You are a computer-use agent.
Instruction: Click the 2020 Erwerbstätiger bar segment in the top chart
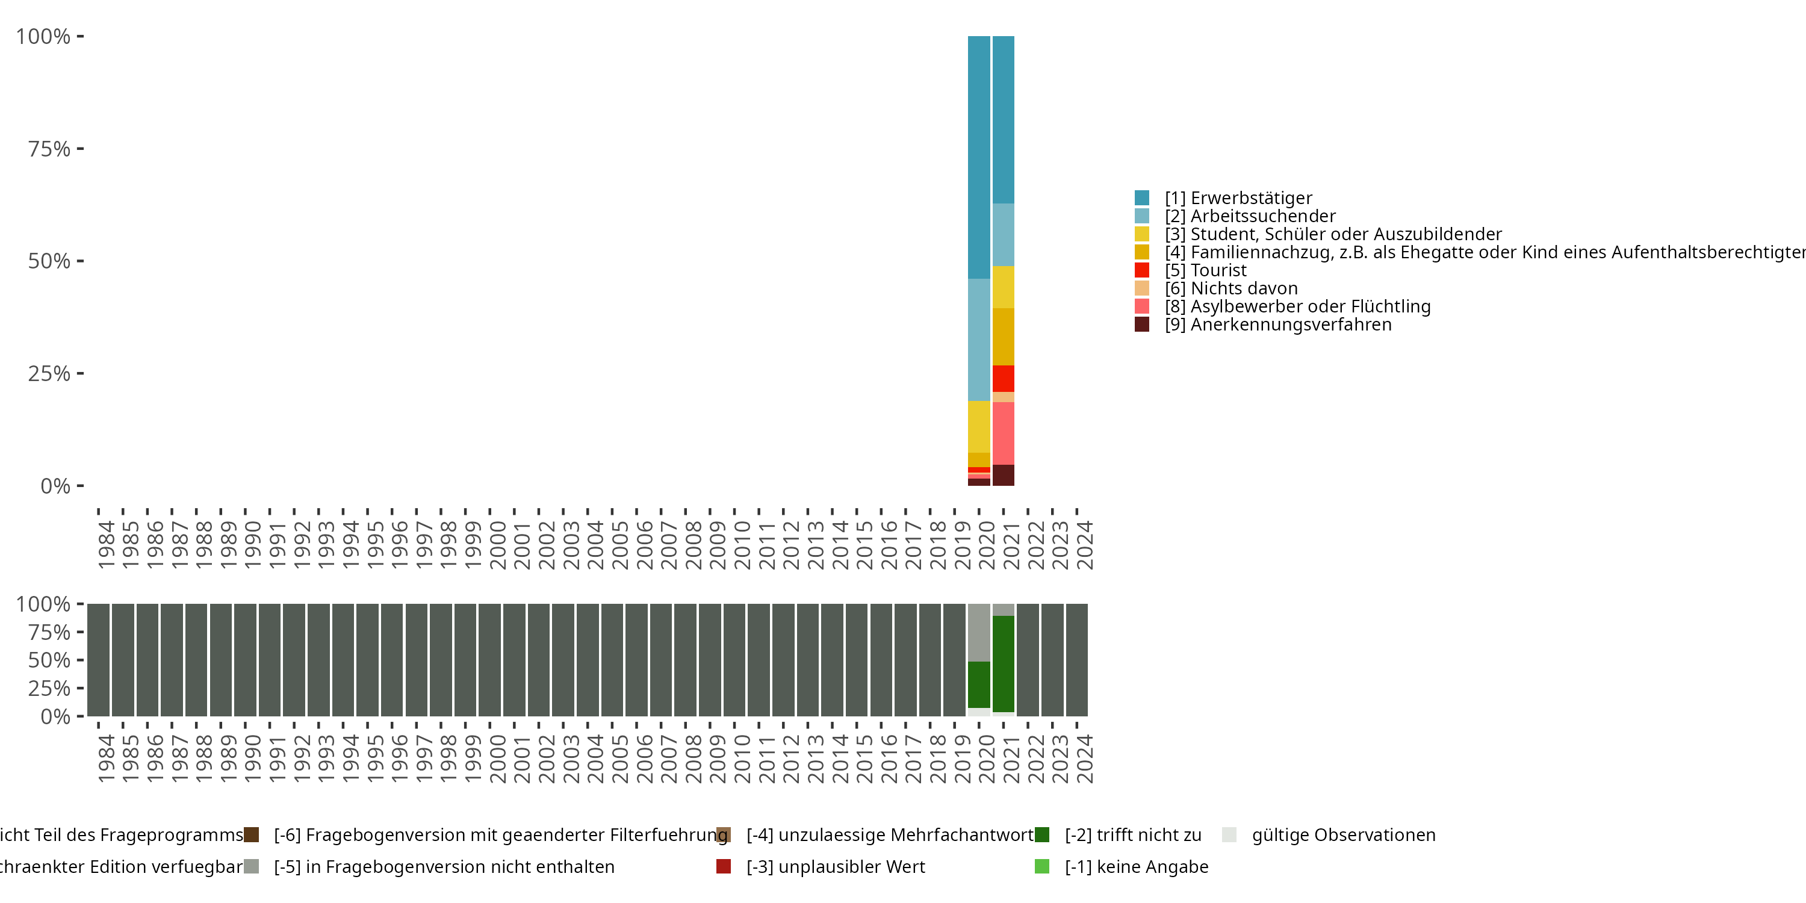[979, 157]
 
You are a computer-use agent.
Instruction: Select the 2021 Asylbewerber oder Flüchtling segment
[1004, 433]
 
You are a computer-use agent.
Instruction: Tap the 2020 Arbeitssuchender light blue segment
[979, 340]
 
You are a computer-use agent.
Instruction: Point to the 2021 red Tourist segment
[1004, 379]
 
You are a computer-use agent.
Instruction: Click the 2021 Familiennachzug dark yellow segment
[1004, 337]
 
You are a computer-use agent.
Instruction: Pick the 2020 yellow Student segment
[979, 426]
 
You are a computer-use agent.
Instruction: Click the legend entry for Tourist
[1218, 270]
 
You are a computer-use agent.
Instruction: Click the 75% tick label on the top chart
[49, 149]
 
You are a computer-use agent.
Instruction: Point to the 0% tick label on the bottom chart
[55, 716]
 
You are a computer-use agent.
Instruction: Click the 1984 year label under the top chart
[106, 545]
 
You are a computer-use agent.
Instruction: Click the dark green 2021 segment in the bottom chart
[1004, 663]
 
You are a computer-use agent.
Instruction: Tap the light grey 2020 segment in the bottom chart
[979, 632]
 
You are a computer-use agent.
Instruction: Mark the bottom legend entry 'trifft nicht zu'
[1132, 835]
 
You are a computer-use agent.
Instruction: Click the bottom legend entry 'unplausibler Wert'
[835, 866]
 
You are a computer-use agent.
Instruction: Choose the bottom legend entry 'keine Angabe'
[1136, 866]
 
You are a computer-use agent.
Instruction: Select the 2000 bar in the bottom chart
[489, 660]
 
